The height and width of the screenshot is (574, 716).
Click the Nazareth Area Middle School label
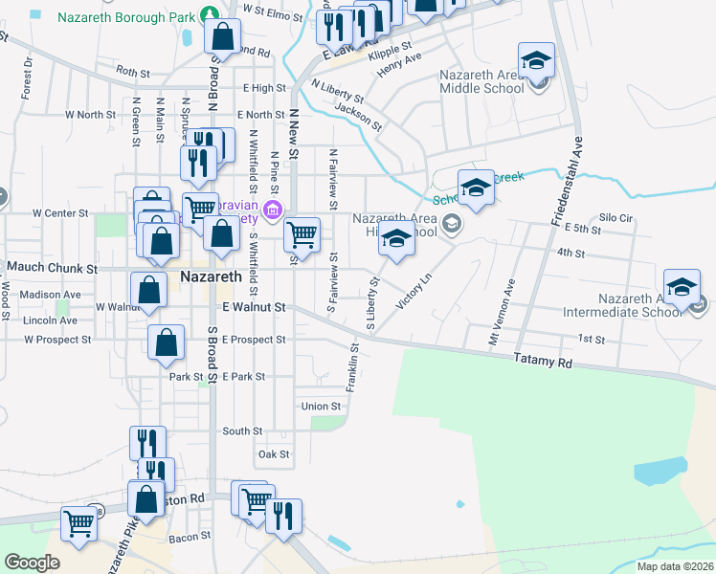tap(481, 81)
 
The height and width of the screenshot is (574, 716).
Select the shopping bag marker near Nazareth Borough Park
tap(222, 38)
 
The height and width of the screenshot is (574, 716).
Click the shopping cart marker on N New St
tap(302, 233)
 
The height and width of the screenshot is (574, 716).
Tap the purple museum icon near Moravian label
tap(272, 210)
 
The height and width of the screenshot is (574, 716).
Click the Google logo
tap(32, 562)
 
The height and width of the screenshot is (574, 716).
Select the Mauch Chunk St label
tap(53, 269)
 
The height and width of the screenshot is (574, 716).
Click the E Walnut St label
tap(254, 308)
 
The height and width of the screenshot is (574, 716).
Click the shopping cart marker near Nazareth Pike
tap(78, 522)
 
